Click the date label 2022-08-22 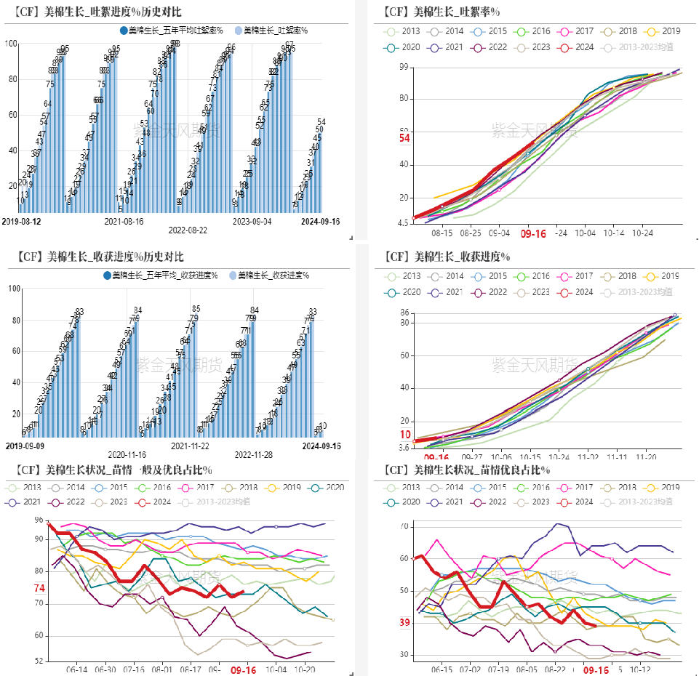(188, 230)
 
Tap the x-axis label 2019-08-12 (20, 220)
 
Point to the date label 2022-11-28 (253, 455)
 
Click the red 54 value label (404, 138)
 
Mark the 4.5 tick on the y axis (402, 223)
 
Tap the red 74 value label (39, 588)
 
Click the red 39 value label (404, 622)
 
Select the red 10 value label (405, 435)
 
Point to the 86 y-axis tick (405, 313)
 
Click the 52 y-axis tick (39, 661)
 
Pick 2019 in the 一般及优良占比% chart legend (289, 487)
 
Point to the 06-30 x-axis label (105, 669)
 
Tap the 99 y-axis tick (405, 67)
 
